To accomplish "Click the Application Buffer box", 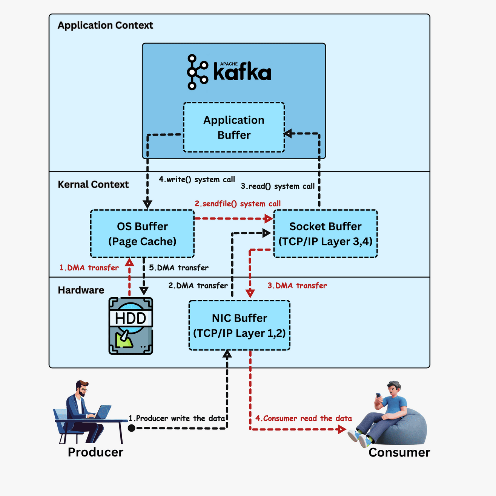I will click(234, 127).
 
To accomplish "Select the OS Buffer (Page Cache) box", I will click(142, 234).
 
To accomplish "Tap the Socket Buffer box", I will click(325, 234).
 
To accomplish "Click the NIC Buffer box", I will click(239, 325).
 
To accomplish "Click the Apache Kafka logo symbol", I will click(197, 72).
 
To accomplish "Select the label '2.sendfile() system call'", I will click(238, 204).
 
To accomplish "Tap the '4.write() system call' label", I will click(197, 179).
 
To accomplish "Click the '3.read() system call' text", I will click(278, 186).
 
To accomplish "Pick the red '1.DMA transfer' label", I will click(89, 268).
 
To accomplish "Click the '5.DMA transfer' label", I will click(178, 268).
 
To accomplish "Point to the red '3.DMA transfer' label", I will click(297, 285).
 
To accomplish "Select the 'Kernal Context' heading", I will click(93, 185).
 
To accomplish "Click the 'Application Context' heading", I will click(105, 25).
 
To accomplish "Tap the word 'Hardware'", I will click(81, 290).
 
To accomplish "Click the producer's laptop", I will click(103, 412).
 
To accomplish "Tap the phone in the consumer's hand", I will click(378, 396).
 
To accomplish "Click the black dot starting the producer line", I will click(131, 428).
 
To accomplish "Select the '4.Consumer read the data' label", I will click(303, 418).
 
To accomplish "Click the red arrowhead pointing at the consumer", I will click(342, 429).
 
